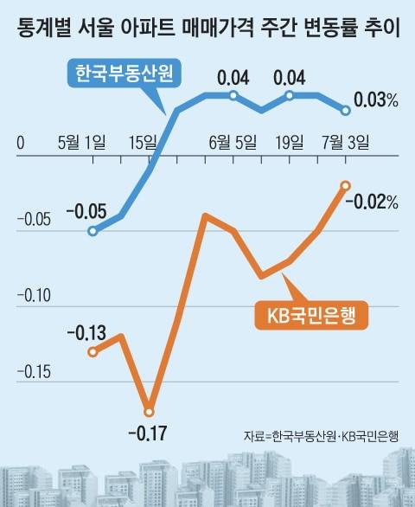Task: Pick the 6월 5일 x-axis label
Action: (233, 142)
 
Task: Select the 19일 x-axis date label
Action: (289, 142)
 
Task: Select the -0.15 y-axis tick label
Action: (34, 372)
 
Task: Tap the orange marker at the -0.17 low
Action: (150, 411)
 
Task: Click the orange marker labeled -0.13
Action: (93, 351)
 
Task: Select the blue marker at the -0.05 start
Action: (93, 231)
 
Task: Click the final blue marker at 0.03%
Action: (346, 110)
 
